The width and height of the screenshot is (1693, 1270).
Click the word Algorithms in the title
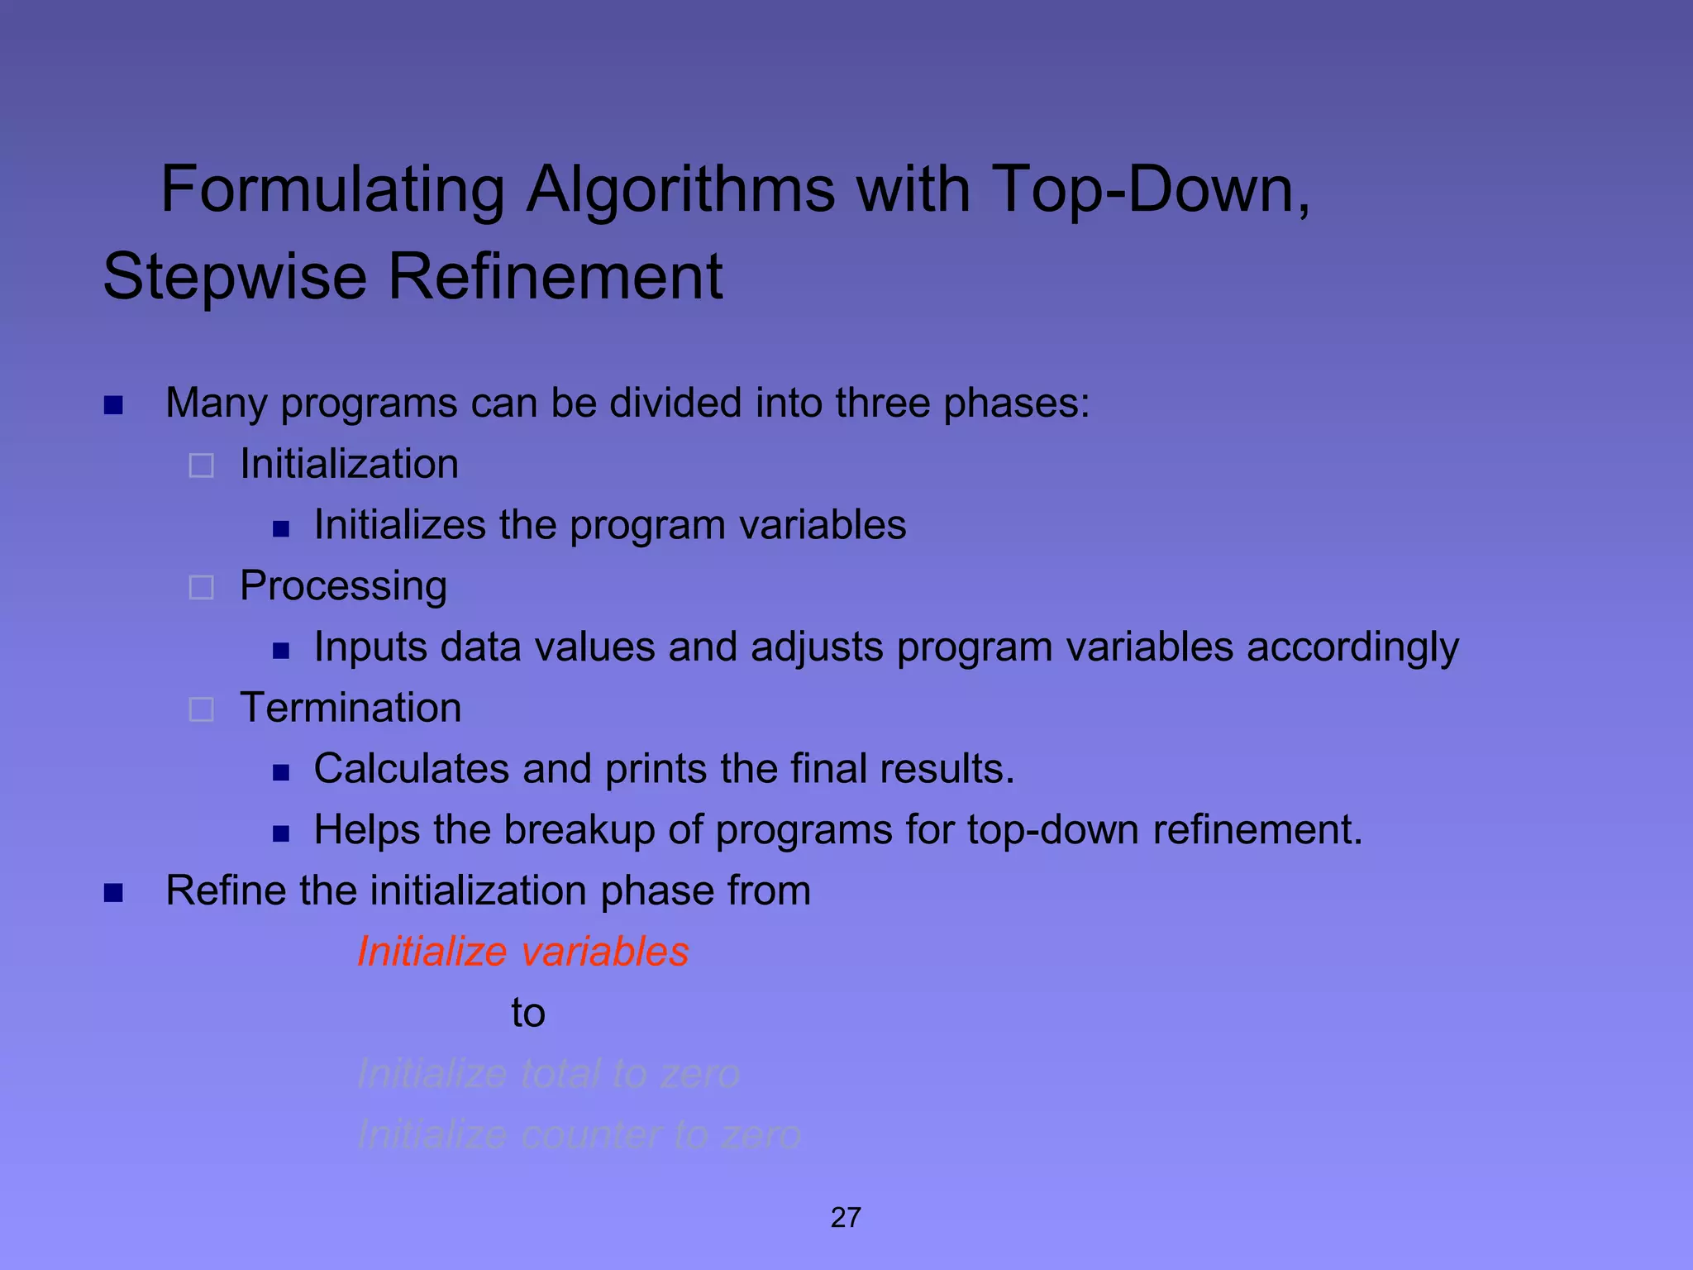coord(680,190)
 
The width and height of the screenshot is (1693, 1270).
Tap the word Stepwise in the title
coord(235,276)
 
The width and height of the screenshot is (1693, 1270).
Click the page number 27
coord(846,1217)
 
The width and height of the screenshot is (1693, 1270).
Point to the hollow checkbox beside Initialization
coord(202,466)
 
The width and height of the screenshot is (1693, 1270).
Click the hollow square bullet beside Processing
coord(202,587)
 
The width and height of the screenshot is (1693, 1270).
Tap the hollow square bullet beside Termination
coord(202,709)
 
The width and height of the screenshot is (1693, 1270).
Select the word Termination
coord(351,708)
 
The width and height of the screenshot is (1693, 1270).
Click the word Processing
coord(343,586)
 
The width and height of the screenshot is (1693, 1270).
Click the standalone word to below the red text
coord(528,1013)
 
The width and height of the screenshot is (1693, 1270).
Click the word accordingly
coord(1352,647)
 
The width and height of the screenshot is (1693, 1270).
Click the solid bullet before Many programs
coord(113,405)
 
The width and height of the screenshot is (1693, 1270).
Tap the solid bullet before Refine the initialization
coord(113,893)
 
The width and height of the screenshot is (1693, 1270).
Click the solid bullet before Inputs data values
coord(281,650)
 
